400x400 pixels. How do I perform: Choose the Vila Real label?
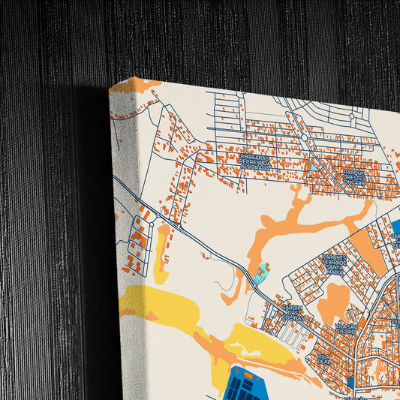click(323, 358)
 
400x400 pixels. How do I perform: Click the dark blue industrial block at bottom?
click(251, 386)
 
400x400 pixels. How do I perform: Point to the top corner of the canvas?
click(110, 89)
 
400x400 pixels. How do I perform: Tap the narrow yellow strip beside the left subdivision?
click(161, 251)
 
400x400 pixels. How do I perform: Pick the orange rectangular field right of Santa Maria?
click(368, 251)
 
